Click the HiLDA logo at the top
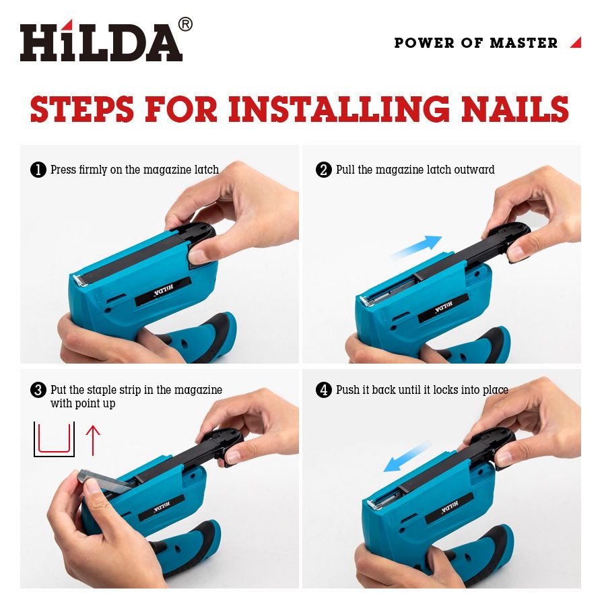pos(101,40)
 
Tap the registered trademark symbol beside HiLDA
pos(186,24)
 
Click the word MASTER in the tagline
pos(524,43)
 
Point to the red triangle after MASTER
pos(576,42)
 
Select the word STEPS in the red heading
pos(82,108)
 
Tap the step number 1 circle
pos(38,170)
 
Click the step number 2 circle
pos(324,170)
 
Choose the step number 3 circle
pos(38,390)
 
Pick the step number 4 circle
pos(324,390)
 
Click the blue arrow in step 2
pos(417,247)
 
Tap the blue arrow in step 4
pos(407,457)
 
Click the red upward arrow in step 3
pos(93,440)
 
